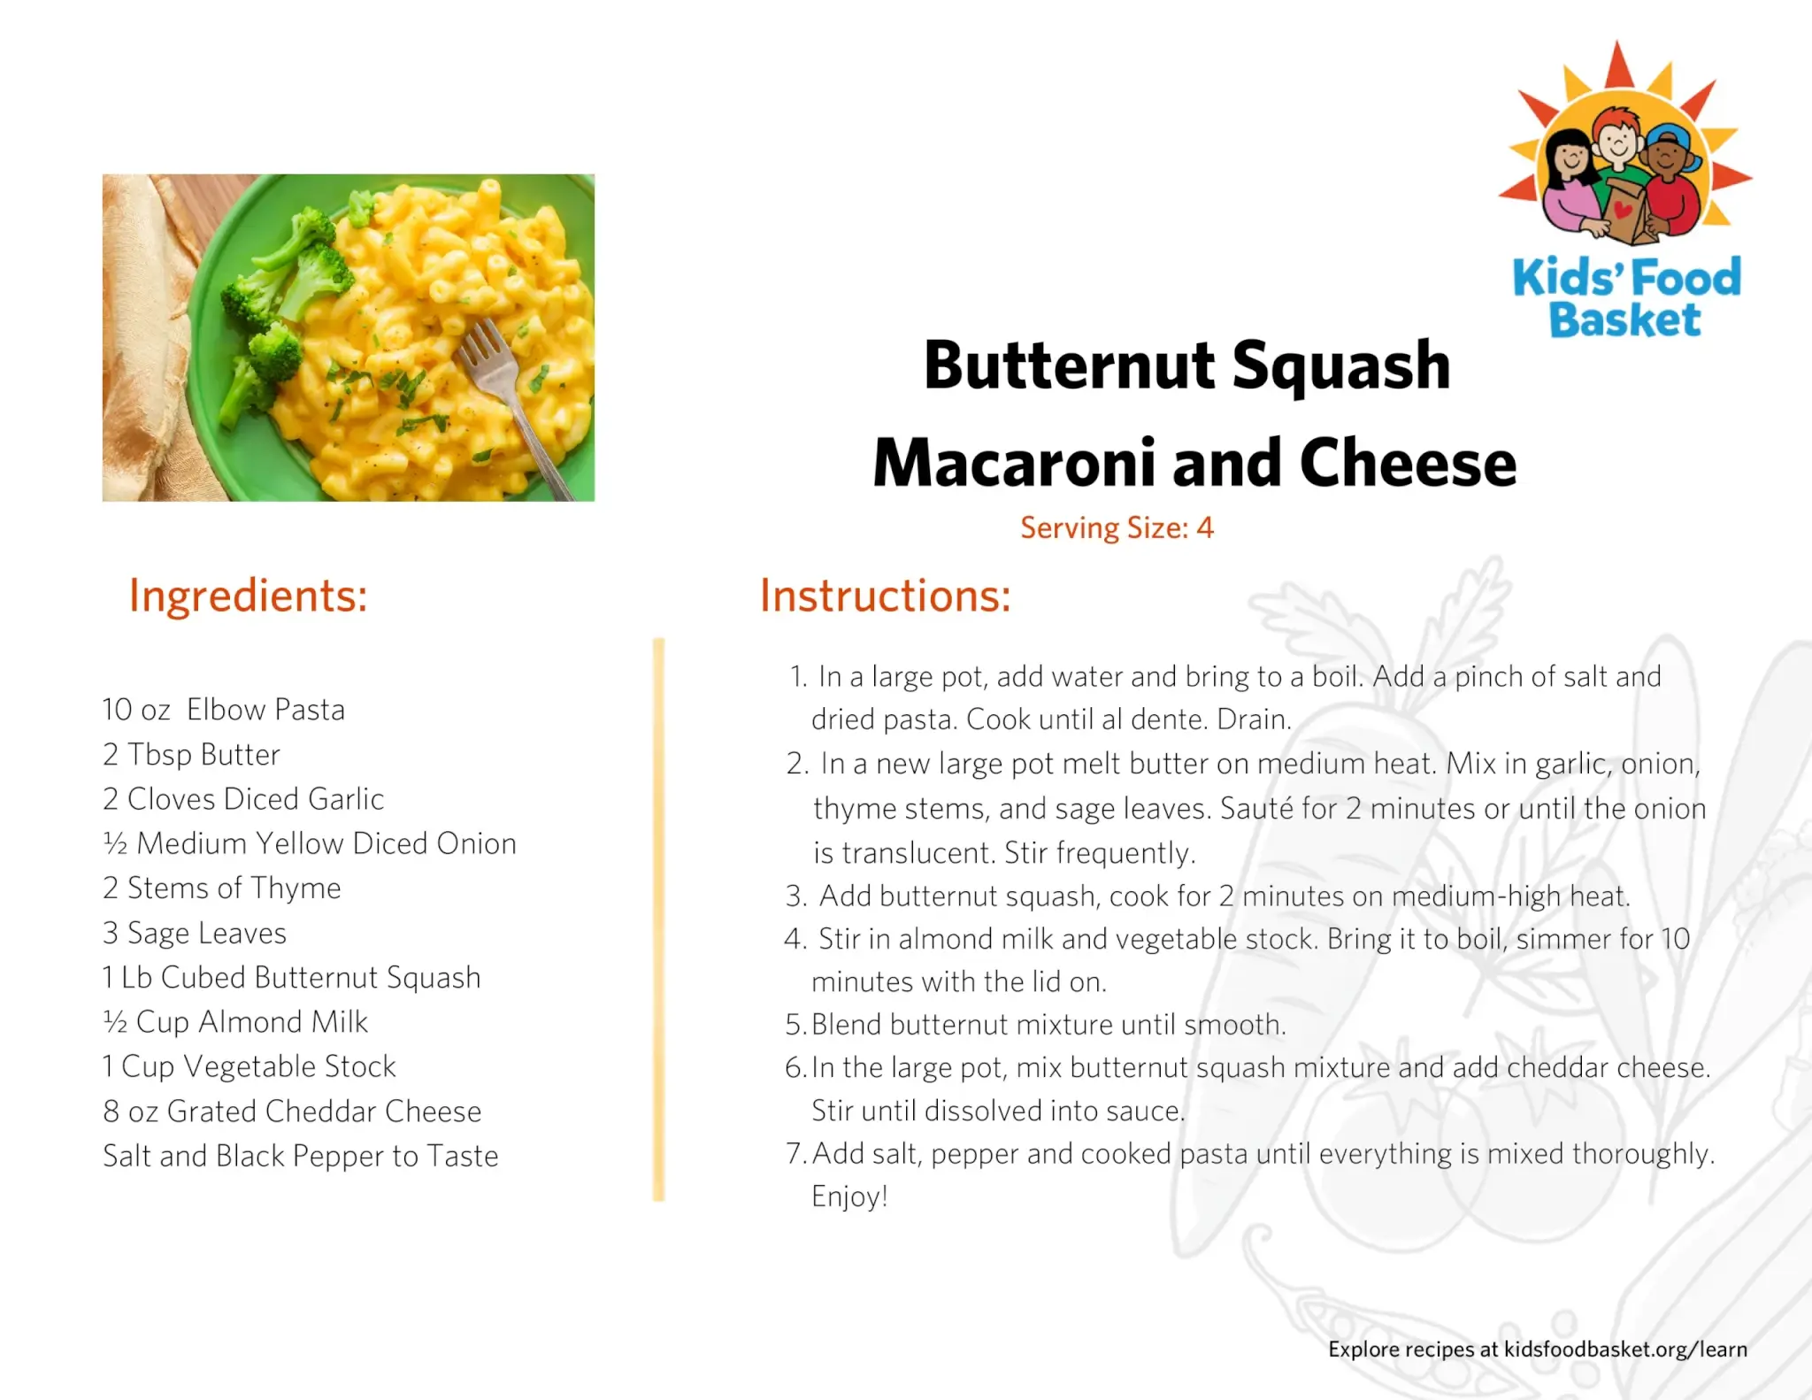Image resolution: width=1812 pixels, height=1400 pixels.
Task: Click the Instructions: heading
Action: pos(885,596)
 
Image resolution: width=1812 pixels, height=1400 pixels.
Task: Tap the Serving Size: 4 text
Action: pos(1117,528)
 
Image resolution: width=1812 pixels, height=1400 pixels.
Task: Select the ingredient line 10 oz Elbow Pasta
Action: pos(224,710)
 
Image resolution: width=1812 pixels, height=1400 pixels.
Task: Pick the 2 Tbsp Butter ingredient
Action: pos(191,755)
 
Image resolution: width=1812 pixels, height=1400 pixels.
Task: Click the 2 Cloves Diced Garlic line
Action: pos(243,799)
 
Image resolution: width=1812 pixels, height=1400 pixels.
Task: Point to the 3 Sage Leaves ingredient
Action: pos(195,933)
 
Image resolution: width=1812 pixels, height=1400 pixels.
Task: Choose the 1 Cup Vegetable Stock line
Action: pos(250,1067)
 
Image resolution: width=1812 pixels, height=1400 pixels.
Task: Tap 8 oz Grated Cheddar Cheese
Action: pos(292,1112)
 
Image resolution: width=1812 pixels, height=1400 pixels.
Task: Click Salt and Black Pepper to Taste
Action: pos(301,1156)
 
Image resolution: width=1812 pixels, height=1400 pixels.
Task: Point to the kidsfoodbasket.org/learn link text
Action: pos(1625,1350)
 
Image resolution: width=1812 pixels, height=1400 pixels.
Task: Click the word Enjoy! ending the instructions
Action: pos(849,1197)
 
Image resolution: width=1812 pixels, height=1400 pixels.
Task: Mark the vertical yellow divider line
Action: pos(658,919)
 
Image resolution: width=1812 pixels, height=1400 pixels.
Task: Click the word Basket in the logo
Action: pos(1624,319)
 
